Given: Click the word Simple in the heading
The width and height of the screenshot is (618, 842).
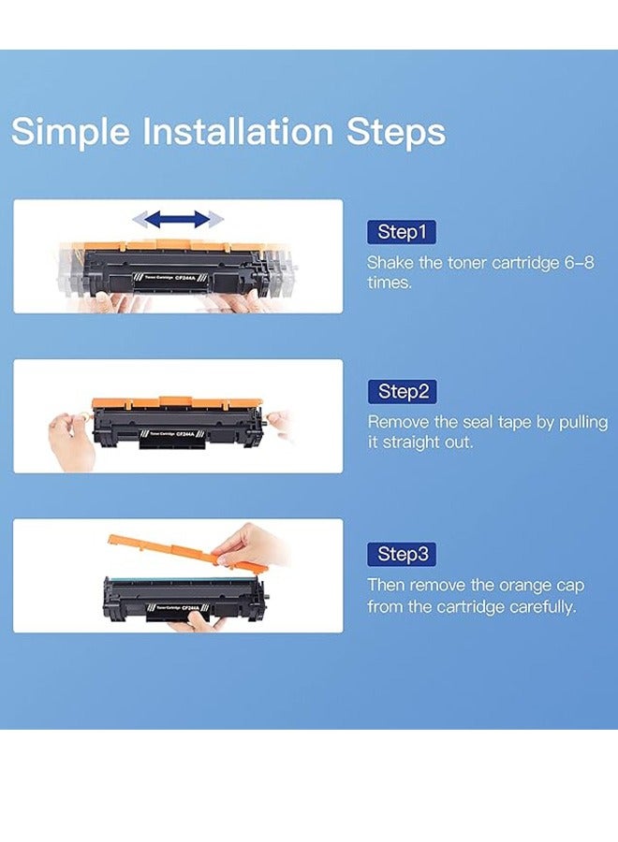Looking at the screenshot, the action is tap(70, 132).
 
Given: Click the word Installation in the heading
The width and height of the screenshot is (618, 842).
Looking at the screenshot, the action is tap(238, 131).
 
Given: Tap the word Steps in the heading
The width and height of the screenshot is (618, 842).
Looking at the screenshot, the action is tap(396, 132).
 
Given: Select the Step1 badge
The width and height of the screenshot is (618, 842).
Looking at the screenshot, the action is tap(402, 232).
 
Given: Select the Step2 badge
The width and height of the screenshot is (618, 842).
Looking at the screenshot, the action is tap(402, 391).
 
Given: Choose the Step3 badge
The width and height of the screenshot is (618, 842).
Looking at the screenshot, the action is tap(402, 554).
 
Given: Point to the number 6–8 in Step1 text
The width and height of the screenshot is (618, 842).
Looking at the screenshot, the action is tap(580, 263).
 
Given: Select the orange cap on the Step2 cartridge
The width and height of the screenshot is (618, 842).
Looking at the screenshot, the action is tap(177, 402).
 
